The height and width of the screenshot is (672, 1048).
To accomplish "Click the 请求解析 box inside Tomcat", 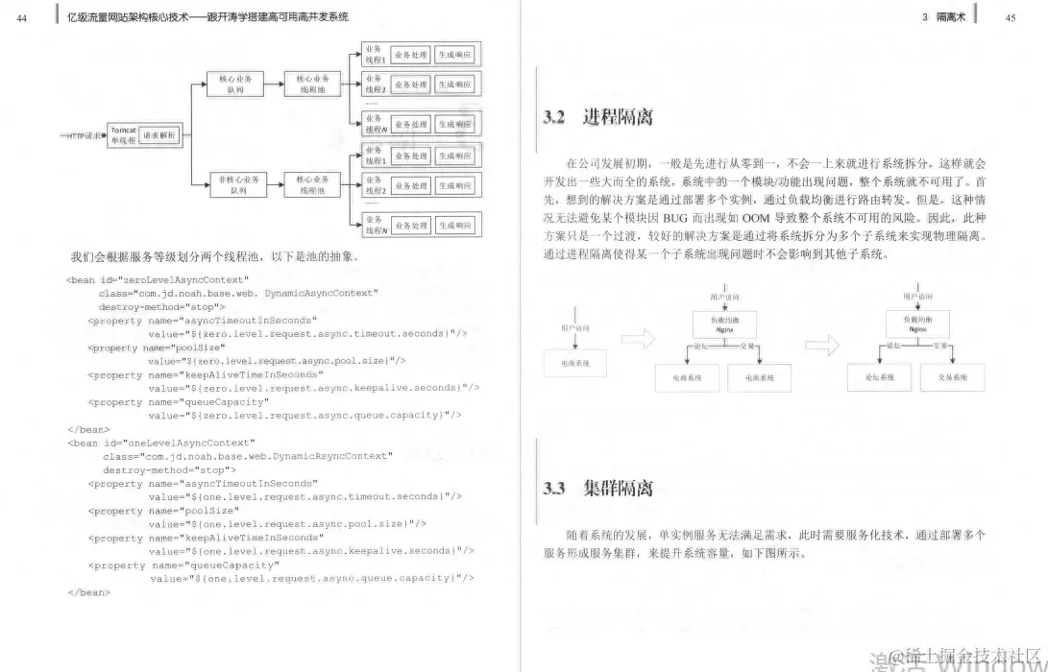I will (159, 135).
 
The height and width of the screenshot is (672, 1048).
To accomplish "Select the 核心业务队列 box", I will (236, 84).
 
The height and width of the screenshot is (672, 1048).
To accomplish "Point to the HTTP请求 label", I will (82, 136).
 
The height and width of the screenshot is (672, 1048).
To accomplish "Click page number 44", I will (22, 16).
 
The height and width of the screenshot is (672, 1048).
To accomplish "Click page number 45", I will (1011, 16).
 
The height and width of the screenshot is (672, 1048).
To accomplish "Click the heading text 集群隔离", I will (618, 489).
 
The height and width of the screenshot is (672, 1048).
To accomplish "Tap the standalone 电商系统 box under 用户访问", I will (574, 363).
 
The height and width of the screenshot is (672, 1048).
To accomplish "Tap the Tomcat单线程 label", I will (122, 135).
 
